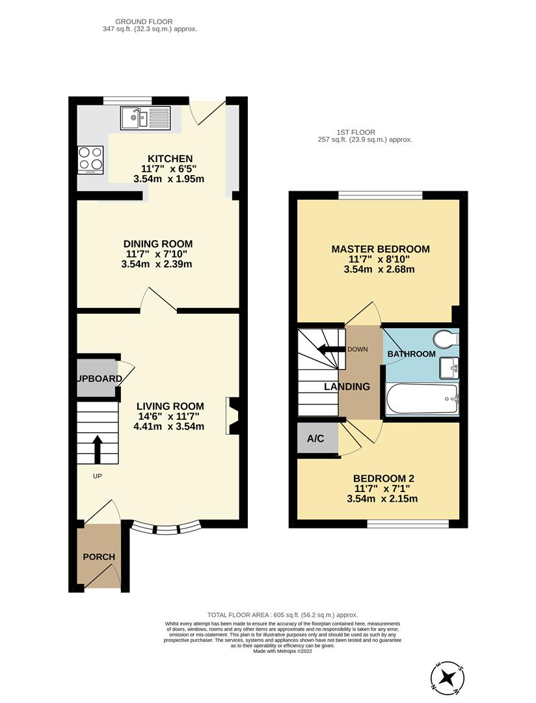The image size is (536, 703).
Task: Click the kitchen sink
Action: pyautogui.click(x=144, y=118)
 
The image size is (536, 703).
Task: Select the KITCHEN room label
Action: pyautogui.click(x=170, y=159)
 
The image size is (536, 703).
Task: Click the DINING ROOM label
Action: pyautogui.click(x=159, y=244)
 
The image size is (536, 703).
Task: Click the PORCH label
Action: pyautogui.click(x=99, y=557)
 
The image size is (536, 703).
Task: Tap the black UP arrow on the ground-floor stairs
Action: pyautogui.click(x=98, y=448)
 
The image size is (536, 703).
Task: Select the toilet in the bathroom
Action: pyautogui.click(x=446, y=339)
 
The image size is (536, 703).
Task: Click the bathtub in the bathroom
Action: pyautogui.click(x=422, y=398)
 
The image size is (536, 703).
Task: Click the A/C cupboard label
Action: pyautogui.click(x=316, y=439)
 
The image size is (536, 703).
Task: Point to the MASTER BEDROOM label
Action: pyautogui.click(x=381, y=249)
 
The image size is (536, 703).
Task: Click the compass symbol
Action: pyautogui.click(x=446, y=678)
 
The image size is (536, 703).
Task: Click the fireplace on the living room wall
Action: pyautogui.click(x=232, y=415)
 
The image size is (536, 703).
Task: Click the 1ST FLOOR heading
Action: pyautogui.click(x=355, y=132)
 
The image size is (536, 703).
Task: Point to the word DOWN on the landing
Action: pyautogui.click(x=358, y=350)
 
